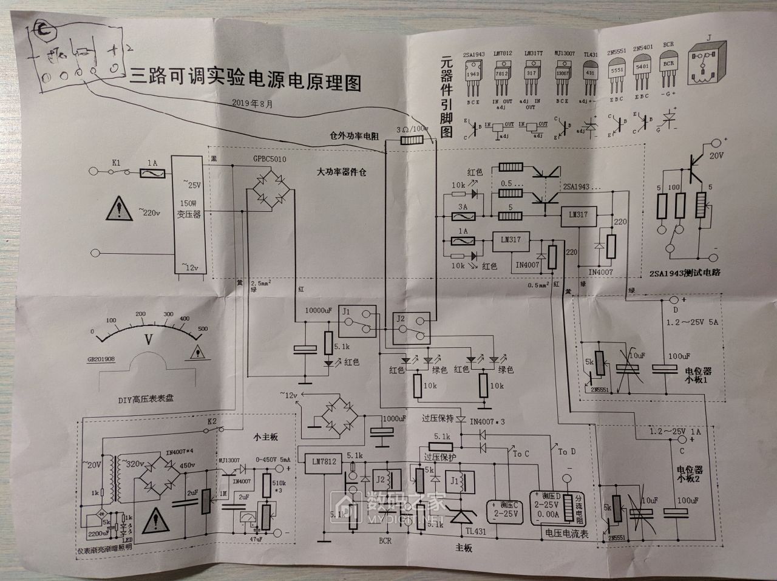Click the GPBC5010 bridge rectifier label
271,159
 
